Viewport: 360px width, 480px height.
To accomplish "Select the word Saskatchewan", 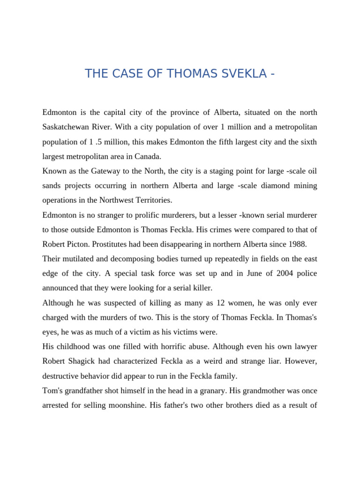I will click(x=66, y=127).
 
